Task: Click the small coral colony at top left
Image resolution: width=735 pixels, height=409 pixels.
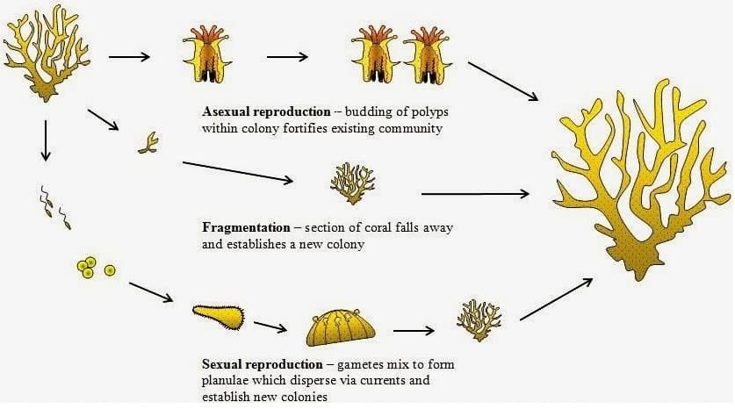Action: (x=44, y=53)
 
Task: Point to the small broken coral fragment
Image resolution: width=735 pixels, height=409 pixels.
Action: (x=148, y=143)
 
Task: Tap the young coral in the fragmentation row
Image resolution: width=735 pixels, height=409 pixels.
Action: (x=352, y=183)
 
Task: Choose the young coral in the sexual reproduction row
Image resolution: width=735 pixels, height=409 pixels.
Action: (x=479, y=319)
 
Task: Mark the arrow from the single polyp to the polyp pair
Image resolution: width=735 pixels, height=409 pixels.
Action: (x=286, y=58)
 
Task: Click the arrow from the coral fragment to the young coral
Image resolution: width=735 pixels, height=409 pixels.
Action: (x=237, y=172)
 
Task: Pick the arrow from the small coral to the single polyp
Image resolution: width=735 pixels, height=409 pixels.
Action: (x=130, y=58)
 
